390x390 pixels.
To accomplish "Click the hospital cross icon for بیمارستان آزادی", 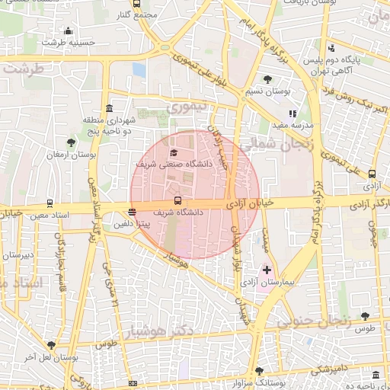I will pos(267,270).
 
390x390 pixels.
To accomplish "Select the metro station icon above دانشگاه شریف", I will pos(177,200).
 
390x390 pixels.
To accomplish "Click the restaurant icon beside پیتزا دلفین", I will pos(133,213).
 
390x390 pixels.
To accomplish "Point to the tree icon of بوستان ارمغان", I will pos(71,142).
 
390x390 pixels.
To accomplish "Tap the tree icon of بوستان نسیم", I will pos(267,79).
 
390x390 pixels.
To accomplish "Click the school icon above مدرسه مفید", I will pos(292,113).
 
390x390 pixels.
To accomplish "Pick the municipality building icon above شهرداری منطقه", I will pos(110,107).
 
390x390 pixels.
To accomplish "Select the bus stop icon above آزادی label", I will pos(372,174).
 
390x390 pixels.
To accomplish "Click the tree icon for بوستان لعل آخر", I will pos(52,345).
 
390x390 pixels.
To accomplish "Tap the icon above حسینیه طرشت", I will pos(69,31).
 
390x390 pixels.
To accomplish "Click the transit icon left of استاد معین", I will pos(50,203).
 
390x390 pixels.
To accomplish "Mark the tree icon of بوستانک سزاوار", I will pos(259,371).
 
